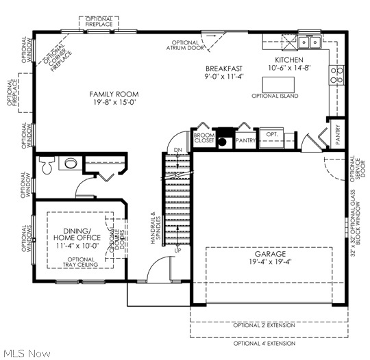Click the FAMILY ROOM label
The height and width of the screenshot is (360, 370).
(x=114, y=94)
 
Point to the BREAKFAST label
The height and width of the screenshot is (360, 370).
(x=224, y=69)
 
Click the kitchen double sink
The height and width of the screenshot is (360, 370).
(x=306, y=43)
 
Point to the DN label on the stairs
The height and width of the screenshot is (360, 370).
(x=177, y=150)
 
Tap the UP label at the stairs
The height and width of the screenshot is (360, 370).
(x=177, y=250)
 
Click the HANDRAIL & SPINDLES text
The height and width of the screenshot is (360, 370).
(x=156, y=228)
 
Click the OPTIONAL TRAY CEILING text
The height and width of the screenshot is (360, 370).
(x=82, y=262)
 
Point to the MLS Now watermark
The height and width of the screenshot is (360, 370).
(x=26, y=353)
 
